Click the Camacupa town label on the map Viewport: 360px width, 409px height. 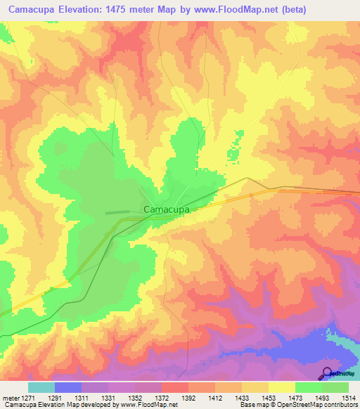pyautogui.click(x=166, y=209)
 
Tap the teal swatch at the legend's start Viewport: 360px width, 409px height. pyautogui.click(x=41, y=387)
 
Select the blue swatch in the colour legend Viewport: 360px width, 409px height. pyautogui.click(x=67, y=387)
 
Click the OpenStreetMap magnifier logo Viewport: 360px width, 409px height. pyautogui.click(x=327, y=373)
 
